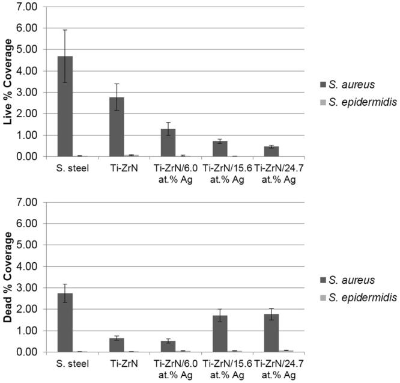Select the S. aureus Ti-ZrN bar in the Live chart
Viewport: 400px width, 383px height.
(x=117, y=127)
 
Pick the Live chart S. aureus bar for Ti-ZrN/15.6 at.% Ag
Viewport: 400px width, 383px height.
(x=220, y=149)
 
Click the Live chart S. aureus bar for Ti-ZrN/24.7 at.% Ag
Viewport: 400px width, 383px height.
(x=271, y=152)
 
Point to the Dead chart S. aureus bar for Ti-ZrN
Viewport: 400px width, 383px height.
(x=117, y=345)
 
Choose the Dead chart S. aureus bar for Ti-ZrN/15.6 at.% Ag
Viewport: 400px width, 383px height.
(x=220, y=334)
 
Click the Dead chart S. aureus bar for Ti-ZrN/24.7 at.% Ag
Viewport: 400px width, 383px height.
(x=271, y=333)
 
